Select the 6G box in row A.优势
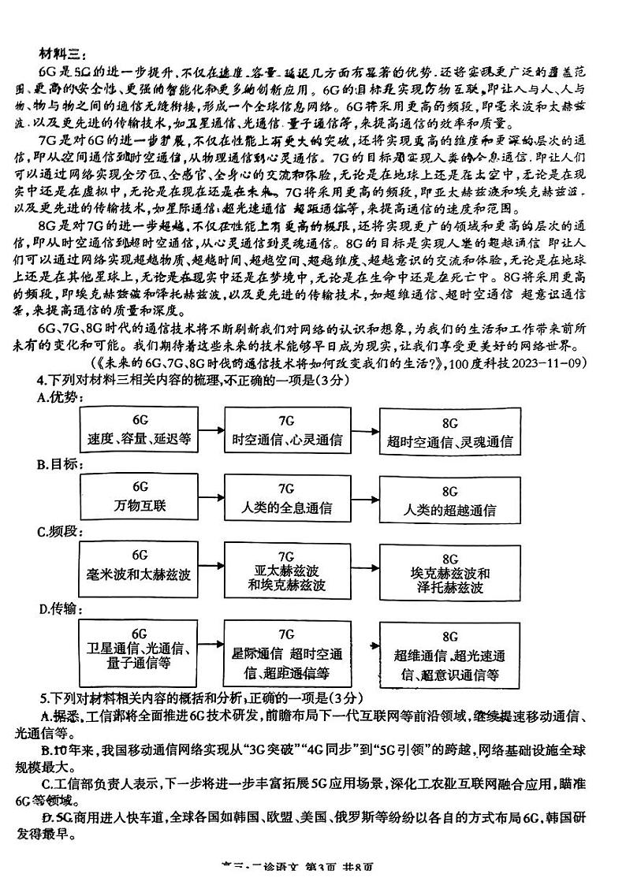coord(140,429)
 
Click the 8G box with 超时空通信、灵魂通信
coord(450,431)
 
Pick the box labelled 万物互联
coord(140,497)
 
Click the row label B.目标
coord(60,464)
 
